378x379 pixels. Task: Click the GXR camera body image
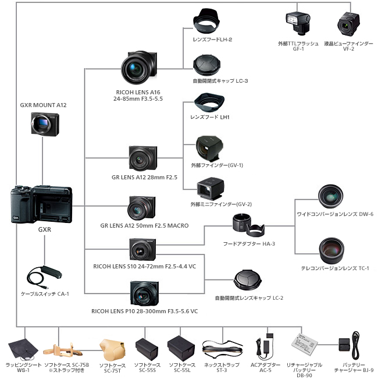[42, 206]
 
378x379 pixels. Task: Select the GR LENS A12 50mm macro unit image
[142, 208]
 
